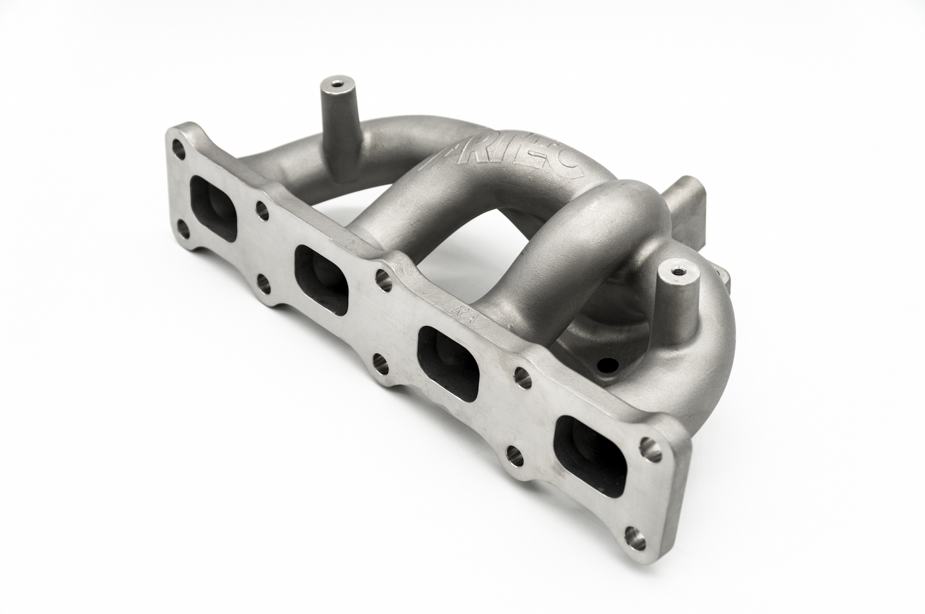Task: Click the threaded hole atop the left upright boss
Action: click(x=331, y=83)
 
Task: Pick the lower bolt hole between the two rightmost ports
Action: click(x=512, y=453)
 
